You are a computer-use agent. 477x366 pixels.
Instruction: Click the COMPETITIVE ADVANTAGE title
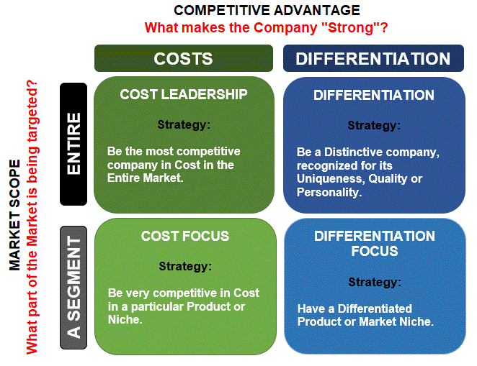point(267,10)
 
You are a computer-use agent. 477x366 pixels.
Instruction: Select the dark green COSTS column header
point(183,59)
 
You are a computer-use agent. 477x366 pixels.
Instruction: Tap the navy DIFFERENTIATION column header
point(373,59)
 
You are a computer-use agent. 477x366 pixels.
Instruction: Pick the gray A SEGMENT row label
point(73,287)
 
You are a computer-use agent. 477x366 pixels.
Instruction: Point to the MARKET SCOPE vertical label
point(15,216)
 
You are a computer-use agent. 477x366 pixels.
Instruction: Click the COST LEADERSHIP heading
point(183,94)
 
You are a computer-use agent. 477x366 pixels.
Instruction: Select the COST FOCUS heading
point(185,236)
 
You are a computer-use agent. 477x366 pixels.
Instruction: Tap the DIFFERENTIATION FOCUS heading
point(374,243)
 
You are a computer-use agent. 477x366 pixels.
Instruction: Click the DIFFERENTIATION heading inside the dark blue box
point(374,95)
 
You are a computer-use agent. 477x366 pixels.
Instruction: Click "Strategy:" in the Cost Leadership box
point(184,124)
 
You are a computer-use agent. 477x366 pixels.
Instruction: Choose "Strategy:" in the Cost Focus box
point(185,266)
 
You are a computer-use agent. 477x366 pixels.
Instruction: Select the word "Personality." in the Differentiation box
point(329,192)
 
